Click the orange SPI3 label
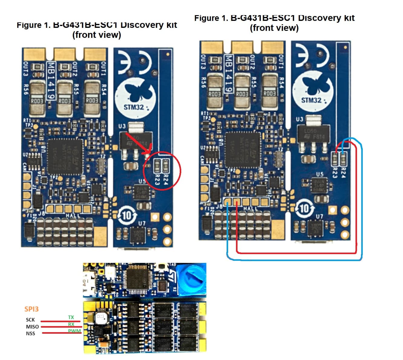coord(31,309)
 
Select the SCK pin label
coord(30,319)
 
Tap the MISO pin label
coord(32,326)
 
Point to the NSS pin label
coord(30,333)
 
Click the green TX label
coord(71,317)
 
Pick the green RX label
coord(71,324)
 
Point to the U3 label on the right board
coord(300,119)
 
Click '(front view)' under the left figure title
coord(97,35)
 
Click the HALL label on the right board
coord(250,208)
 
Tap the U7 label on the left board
coord(142,223)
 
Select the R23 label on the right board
coord(335,171)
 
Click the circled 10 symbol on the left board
coord(126,215)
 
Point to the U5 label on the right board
coord(319,174)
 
